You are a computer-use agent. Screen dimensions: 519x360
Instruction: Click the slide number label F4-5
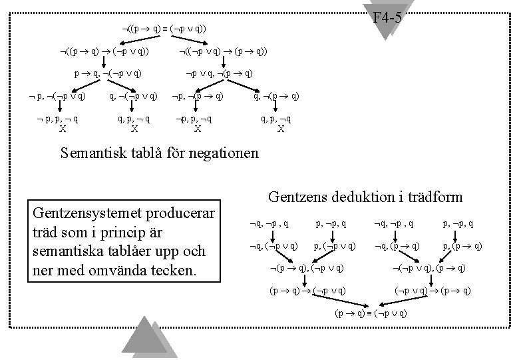coord(387,17)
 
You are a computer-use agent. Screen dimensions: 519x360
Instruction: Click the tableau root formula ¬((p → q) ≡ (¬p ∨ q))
coord(163,29)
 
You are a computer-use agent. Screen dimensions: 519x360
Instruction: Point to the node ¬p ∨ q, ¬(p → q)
coord(218,73)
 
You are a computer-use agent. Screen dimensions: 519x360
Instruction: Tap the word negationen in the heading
coord(221,153)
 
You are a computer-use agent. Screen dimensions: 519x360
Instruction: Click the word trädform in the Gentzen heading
coord(433,197)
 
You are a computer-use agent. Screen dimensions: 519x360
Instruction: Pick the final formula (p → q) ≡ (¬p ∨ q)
coord(361,313)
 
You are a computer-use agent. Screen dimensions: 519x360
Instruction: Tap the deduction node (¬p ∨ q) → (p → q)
coord(433,291)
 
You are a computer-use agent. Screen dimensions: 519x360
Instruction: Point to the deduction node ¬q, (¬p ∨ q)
coord(268,246)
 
